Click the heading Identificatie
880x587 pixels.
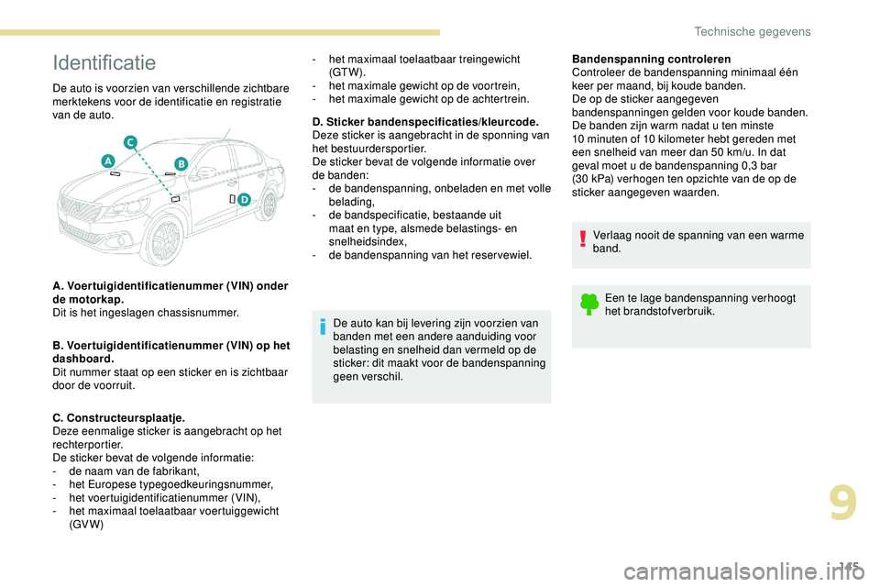point(104,63)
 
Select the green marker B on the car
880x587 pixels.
point(181,162)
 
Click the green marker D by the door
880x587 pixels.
point(244,200)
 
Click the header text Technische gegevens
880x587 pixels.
point(753,32)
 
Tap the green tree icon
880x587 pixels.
point(588,302)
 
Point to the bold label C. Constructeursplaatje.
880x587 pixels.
point(119,417)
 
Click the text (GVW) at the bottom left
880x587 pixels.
point(86,525)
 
